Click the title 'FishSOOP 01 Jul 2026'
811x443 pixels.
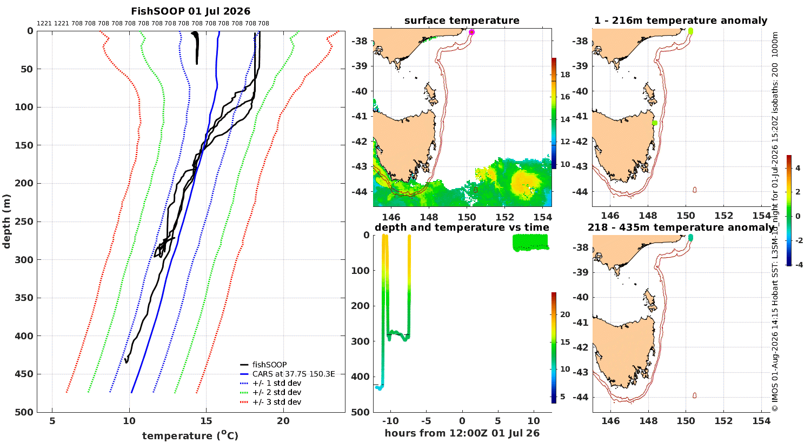[x=190, y=11]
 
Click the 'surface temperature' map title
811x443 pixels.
[x=462, y=21]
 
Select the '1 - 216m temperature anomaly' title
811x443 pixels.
[x=681, y=21]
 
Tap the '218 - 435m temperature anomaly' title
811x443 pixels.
[x=681, y=227]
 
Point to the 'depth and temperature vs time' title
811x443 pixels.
[x=462, y=227]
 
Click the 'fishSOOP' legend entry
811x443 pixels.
[x=269, y=365]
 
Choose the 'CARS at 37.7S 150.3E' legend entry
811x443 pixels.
[x=294, y=374]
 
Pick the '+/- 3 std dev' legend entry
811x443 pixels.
[x=277, y=402]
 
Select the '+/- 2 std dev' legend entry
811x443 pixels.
[x=277, y=392]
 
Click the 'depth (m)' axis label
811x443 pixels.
[x=6, y=222]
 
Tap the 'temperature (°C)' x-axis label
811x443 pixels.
[x=190, y=435]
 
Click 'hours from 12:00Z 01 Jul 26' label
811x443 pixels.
[x=462, y=433]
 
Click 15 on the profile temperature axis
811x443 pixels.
[x=207, y=421]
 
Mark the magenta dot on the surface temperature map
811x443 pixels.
[x=471, y=32]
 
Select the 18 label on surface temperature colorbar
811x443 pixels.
[x=565, y=75]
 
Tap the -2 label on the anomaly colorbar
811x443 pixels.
[x=798, y=240]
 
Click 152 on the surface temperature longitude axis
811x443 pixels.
[x=504, y=217]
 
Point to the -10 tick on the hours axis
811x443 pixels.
[x=390, y=421]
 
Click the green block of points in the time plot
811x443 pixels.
[x=530, y=242]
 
